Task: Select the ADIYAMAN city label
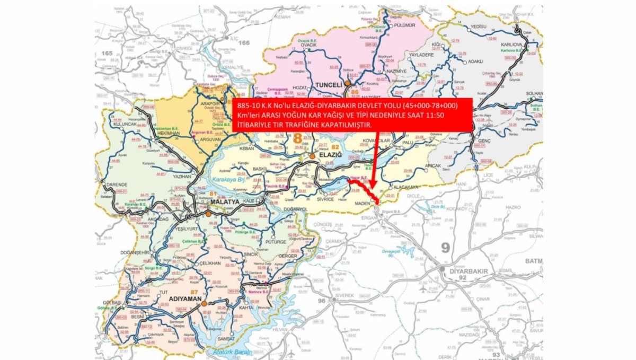(x=184, y=299)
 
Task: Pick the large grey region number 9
(x=445, y=248)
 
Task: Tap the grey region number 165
(x=108, y=54)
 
